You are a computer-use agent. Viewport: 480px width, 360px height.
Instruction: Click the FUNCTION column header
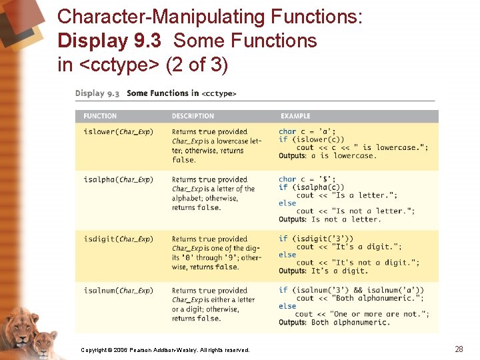coord(100,116)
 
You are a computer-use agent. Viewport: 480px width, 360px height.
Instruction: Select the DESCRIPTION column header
coord(193,116)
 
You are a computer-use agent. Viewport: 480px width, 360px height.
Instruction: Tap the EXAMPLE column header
coord(295,116)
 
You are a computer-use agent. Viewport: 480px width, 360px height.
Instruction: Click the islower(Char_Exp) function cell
coord(118,132)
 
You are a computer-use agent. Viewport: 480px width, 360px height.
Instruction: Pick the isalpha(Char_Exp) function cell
coord(118,180)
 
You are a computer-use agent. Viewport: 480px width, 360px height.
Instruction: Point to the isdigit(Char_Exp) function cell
coord(118,239)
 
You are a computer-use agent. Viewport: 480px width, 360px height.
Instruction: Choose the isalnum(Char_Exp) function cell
coord(118,291)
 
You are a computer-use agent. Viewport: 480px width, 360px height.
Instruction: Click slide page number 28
coord(459,349)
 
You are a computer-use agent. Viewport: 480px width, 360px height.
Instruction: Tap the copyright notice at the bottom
coord(165,350)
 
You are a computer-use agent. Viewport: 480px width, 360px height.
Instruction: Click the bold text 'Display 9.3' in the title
coord(109,41)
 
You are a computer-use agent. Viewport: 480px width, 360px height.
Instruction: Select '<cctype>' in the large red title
coord(119,65)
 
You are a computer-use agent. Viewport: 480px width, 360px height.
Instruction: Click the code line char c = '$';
coord(307,179)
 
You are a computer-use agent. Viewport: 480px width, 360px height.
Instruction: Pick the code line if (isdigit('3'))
coord(316,239)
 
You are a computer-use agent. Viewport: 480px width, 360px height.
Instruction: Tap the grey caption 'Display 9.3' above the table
coord(97,93)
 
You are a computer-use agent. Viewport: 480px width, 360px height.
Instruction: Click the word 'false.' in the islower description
coord(184,160)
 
